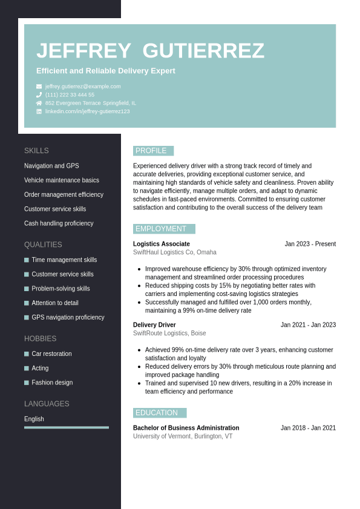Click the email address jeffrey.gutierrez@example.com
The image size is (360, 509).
coord(83,87)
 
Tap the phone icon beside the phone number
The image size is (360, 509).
coord(39,95)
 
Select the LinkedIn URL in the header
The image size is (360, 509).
coord(87,111)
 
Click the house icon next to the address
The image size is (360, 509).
coord(39,103)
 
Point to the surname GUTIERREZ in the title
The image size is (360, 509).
coord(203,51)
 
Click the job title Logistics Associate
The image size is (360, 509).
coord(162,244)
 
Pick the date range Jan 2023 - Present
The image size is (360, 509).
coord(310,244)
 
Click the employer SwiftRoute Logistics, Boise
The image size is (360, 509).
coord(169,333)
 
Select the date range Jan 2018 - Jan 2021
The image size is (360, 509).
coord(308,428)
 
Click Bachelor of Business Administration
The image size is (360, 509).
coord(186,428)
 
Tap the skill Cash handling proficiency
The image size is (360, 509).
coord(59,223)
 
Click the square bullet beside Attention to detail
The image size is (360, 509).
coord(27,303)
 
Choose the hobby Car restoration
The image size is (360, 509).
coord(51,353)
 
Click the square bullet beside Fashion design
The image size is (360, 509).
coord(27,383)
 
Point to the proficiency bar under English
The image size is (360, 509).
coord(67,427)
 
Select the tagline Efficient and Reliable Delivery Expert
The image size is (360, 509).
coord(106,71)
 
